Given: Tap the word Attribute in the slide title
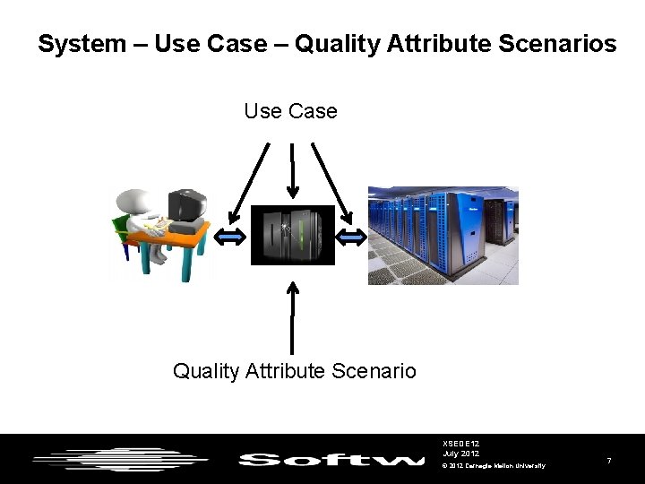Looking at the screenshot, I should tap(438, 43).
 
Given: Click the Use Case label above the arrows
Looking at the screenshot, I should tap(290, 112).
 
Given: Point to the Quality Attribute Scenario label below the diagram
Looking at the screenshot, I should tap(294, 370).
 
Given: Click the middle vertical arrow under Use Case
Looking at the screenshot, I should tap(292, 170).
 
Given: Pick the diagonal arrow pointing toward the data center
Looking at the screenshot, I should tap(331, 182).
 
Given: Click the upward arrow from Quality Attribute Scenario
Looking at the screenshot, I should tap(291, 318).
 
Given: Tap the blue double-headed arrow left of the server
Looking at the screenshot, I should tap(232, 237).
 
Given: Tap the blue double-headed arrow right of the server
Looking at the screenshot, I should tap(351, 237).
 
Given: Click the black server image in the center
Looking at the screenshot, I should tap(292, 235).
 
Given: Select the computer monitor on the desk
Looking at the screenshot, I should tap(187, 208).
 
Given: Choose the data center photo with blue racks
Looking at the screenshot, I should tap(443, 235).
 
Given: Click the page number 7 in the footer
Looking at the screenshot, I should tap(609, 460).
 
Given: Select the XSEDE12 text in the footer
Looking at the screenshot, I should tap(460, 444).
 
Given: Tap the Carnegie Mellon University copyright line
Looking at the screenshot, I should tap(494, 465).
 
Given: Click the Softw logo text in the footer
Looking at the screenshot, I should tap(331, 460).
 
